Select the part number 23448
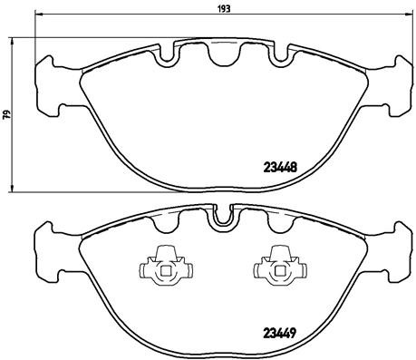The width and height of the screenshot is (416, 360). [280, 166]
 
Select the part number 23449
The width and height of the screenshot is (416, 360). [280, 332]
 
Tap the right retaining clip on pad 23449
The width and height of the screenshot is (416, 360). [275, 265]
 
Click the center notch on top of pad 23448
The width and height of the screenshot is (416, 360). [220, 57]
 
